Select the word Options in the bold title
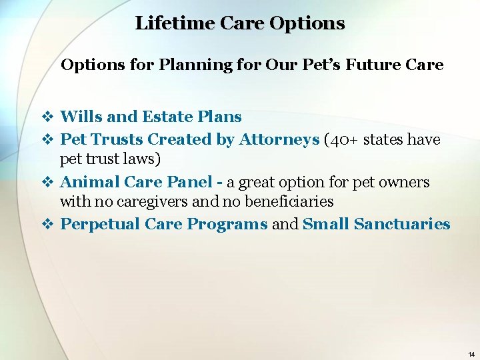point(307,23)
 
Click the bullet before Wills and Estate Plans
point(47,117)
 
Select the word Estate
point(168,117)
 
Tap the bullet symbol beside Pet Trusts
point(47,139)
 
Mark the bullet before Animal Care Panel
point(47,182)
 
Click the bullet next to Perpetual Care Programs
point(47,225)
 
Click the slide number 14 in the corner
point(471,354)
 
